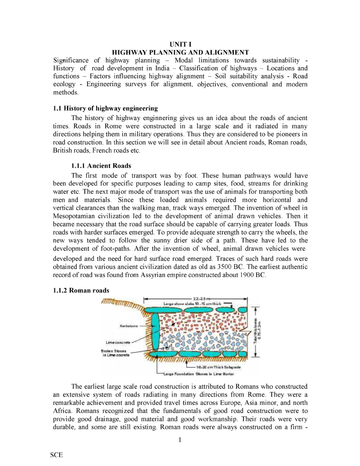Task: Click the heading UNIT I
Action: coord(180,44)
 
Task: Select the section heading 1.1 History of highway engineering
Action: coord(105,108)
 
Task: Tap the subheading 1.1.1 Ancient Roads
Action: coord(101,166)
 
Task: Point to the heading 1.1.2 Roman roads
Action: coord(81,291)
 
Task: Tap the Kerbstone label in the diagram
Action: coord(129,326)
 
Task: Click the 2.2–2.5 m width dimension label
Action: coord(201,299)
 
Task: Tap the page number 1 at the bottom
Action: coord(180,440)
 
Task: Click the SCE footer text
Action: coord(56,455)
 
